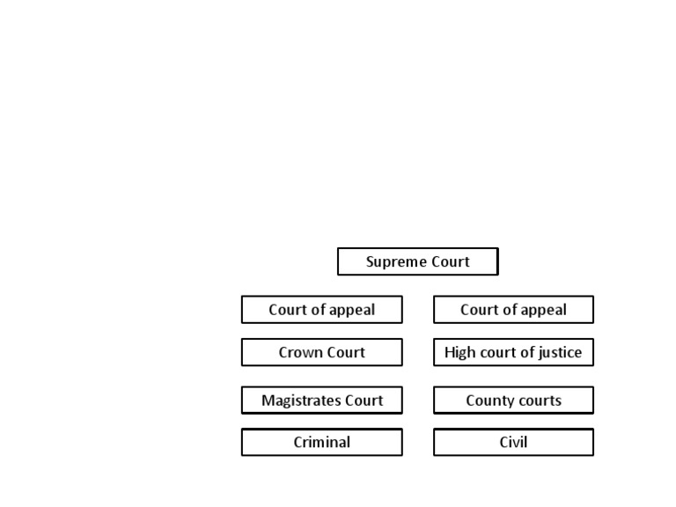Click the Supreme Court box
point(417,261)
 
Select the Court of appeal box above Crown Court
point(321,310)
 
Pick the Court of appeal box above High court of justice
point(513,310)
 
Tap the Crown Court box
point(321,352)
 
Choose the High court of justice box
point(513,352)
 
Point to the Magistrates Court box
point(321,400)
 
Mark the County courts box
point(513,400)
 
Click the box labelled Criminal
point(321,442)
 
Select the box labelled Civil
point(513,442)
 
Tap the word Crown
point(301,352)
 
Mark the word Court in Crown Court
point(347,352)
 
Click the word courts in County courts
point(540,400)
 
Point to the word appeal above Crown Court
point(352,311)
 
